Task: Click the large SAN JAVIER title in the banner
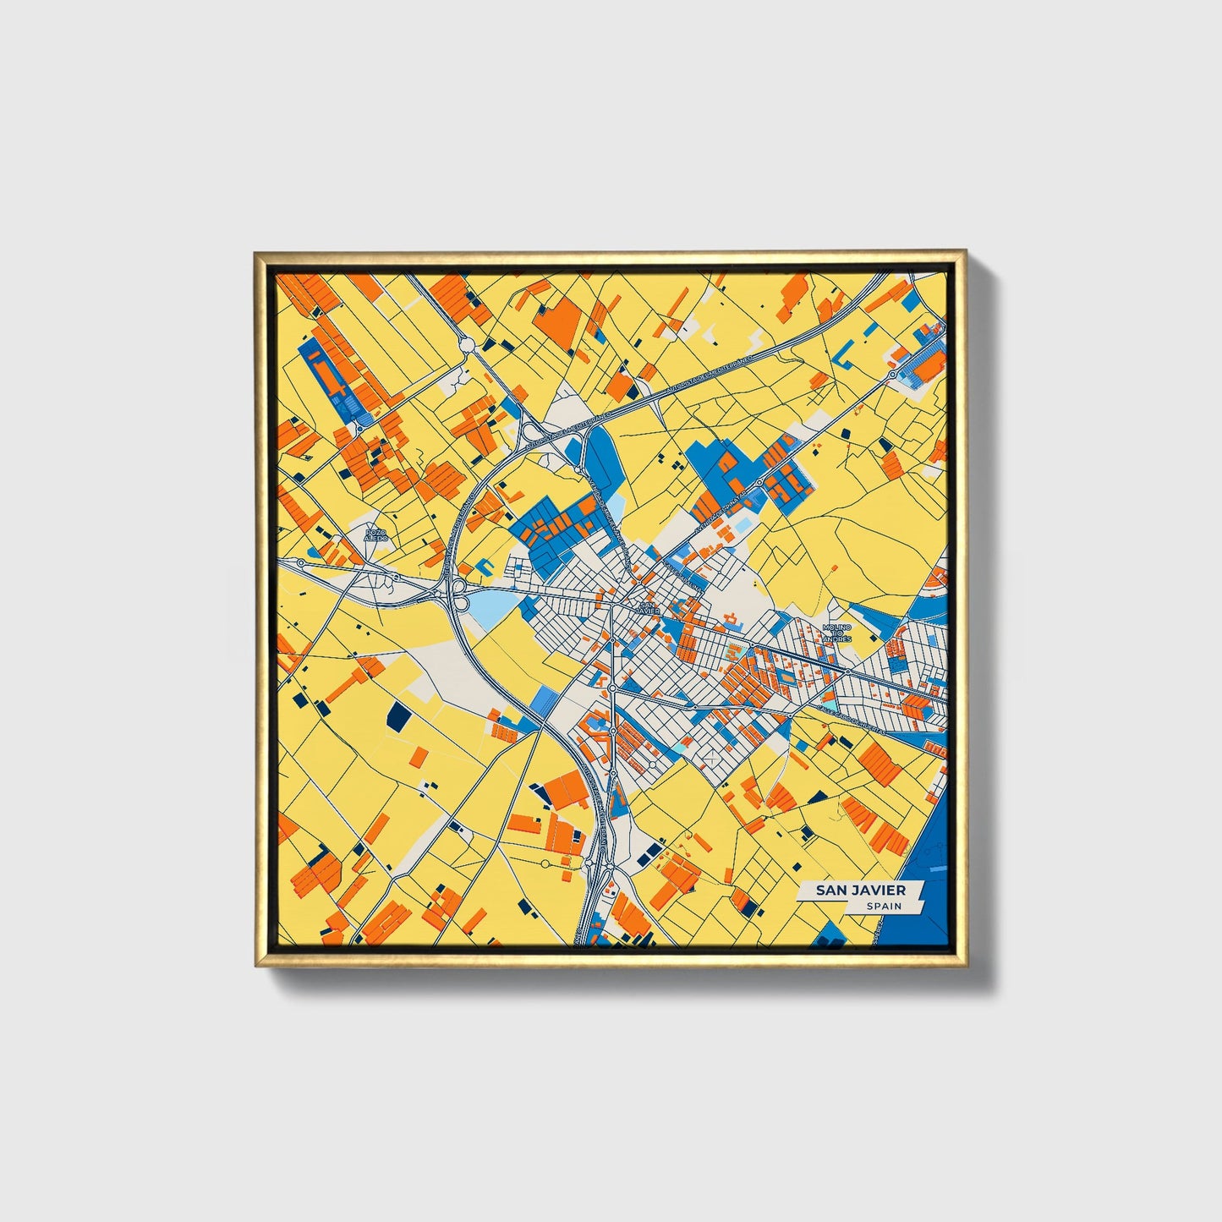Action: [860, 890]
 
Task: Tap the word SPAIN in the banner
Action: [883, 907]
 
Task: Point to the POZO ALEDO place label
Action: [375, 534]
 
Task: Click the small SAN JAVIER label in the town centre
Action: [648, 607]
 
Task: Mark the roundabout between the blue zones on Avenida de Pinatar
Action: [759, 482]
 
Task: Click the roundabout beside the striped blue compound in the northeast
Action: [892, 373]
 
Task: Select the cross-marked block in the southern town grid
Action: [713, 758]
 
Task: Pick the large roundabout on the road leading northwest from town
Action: [465, 343]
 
